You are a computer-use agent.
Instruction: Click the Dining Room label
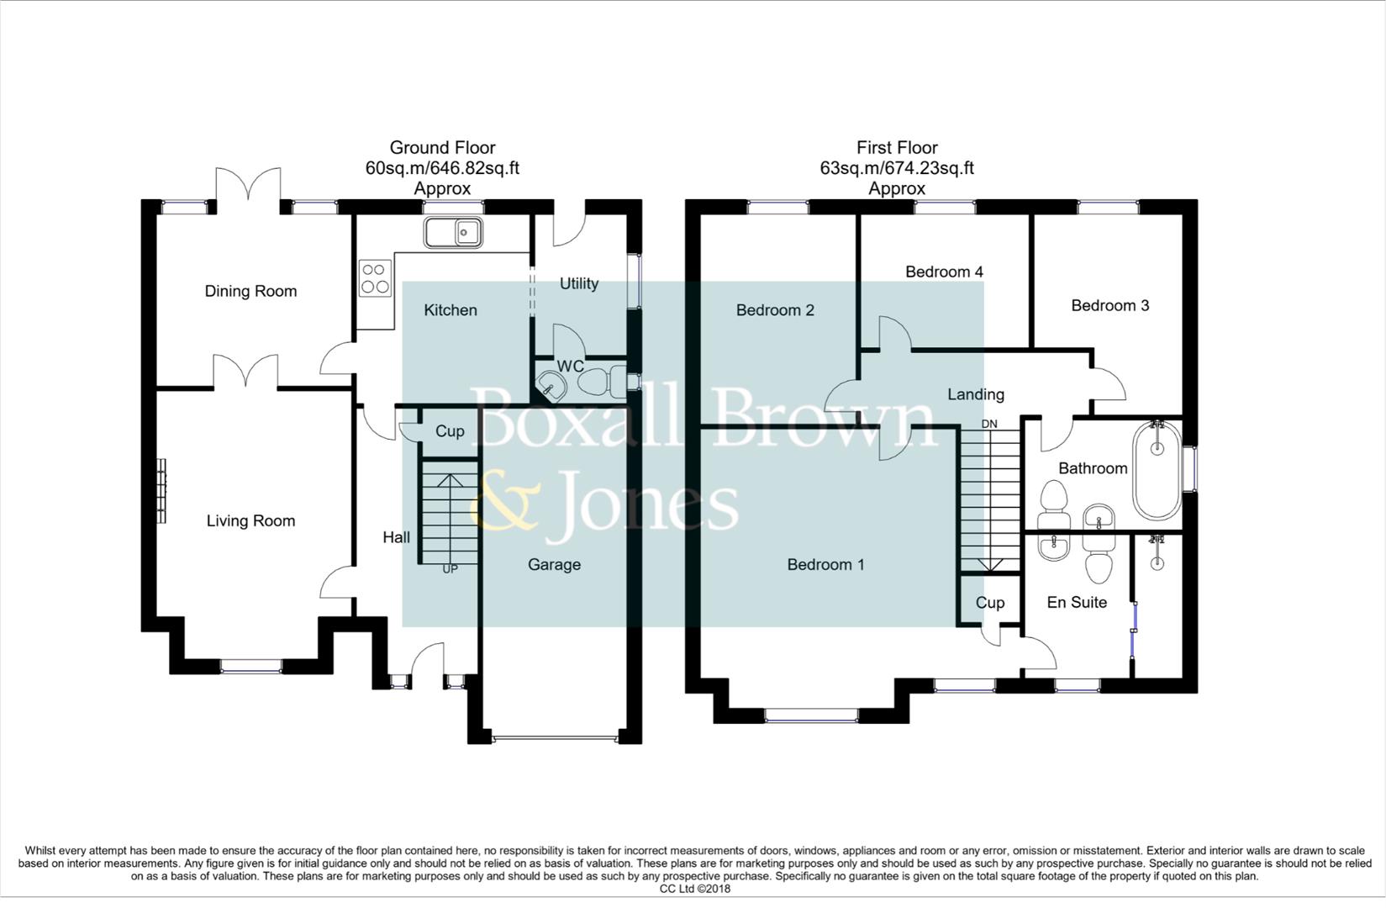point(250,292)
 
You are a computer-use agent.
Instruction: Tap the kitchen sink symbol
point(452,231)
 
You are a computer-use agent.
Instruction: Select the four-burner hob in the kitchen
point(375,278)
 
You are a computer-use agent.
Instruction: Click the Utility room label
point(579,283)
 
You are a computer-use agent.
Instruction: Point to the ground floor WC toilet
point(598,382)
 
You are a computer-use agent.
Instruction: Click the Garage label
point(554,564)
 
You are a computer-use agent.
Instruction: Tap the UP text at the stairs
point(451,569)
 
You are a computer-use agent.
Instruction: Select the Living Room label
point(250,521)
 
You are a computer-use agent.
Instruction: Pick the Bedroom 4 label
point(944,272)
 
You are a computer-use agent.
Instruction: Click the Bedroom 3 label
point(1109,305)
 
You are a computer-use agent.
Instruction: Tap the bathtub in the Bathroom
point(1157,469)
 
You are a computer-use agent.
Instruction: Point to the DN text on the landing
point(989,424)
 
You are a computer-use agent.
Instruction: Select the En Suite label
point(1077,602)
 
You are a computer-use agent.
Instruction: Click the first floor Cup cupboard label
point(989,603)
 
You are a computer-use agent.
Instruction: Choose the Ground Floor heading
point(442,148)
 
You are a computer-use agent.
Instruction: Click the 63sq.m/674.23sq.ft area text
point(897,168)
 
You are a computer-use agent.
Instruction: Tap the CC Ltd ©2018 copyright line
point(694,889)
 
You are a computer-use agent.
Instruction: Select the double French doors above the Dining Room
point(247,185)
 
